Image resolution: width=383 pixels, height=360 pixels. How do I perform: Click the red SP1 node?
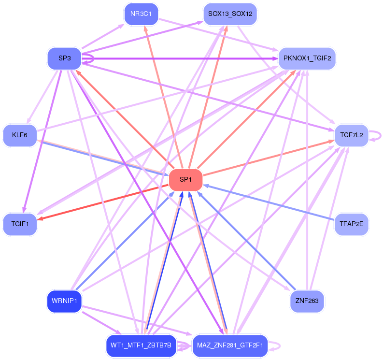point(185,180)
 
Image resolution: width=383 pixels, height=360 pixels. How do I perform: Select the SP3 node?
point(64,58)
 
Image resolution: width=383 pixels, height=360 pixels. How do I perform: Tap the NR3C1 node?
point(141,14)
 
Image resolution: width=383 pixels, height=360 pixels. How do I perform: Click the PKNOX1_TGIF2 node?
point(307,58)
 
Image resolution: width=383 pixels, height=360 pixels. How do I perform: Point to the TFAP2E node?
point(351,224)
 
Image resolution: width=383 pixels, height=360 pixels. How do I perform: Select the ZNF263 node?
point(307,301)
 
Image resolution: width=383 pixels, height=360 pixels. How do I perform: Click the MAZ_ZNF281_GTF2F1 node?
point(230,346)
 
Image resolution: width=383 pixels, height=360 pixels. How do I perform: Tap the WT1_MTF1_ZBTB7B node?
point(141,346)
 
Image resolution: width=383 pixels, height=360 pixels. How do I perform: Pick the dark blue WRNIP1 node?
point(64,301)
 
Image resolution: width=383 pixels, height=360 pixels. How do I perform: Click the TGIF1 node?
point(20,224)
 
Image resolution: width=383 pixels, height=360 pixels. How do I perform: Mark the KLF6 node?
point(20,135)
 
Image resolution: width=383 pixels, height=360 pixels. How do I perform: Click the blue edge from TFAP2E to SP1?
point(270,202)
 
